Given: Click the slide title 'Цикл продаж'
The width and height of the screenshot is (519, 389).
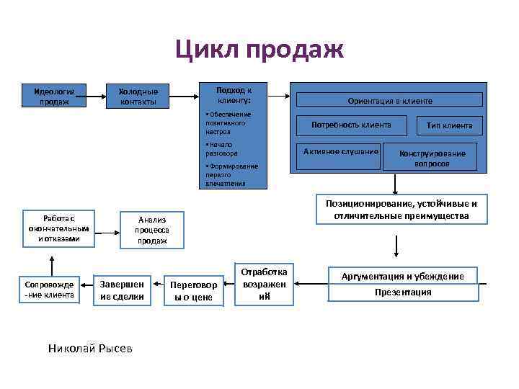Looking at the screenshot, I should tap(259, 50).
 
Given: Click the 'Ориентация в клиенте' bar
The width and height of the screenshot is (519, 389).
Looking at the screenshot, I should tap(390, 102).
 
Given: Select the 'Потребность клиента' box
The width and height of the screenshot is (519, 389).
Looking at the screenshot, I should tap(351, 125).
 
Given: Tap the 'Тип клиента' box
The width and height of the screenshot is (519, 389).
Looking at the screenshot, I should tap(449, 125).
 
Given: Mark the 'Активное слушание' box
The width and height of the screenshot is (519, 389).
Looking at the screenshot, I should tap(341, 151).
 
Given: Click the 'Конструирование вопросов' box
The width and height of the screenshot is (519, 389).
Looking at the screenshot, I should tap(431, 158).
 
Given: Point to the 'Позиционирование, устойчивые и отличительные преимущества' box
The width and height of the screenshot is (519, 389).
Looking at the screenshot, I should tap(401, 210).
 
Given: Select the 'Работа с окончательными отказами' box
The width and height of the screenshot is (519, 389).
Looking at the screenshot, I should tap(59, 228).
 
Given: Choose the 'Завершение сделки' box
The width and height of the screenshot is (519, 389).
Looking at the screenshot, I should tap(122, 290).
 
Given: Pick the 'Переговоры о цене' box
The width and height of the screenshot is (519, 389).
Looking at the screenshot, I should tap(192, 291).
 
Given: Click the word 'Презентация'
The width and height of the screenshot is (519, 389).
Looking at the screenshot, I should tap(403, 292).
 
